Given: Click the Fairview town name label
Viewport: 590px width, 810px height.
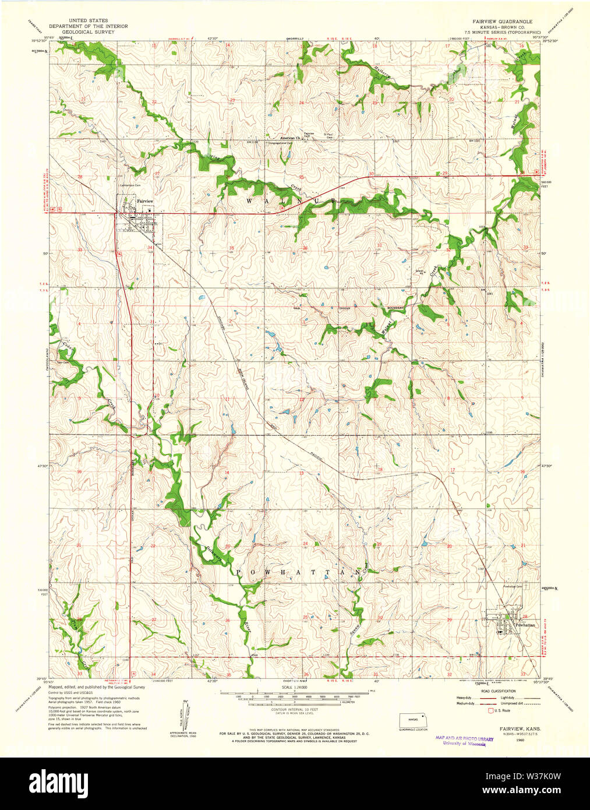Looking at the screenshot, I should [x=144, y=201].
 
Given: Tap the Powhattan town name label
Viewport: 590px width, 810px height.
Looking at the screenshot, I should [x=524, y=625].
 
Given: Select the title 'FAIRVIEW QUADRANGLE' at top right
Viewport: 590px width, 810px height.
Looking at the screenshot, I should [x=502, y=21].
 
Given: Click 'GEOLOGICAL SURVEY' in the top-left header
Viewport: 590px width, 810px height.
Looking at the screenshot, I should [x=88, y=32].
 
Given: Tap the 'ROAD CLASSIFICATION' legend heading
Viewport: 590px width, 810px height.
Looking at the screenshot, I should [x=498, y=691].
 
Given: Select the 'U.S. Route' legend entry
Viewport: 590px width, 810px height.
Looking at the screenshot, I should [x=502, y=710].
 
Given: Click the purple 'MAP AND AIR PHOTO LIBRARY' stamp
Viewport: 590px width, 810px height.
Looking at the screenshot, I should [x=464, y=738].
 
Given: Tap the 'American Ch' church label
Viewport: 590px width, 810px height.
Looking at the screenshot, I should [x=289, y=138].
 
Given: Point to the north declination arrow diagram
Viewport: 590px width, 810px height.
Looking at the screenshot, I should [x=185, y=712].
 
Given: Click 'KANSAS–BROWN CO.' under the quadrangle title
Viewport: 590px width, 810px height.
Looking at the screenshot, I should [x=502, y=27].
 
